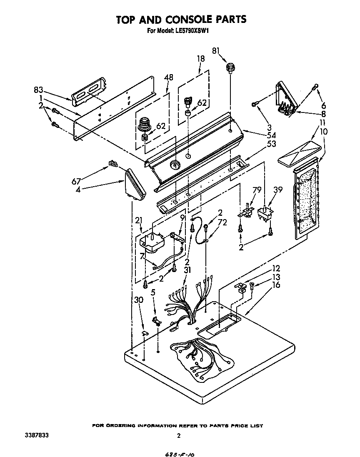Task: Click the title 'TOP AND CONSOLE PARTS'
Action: tap(181, 20)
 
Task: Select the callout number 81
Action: tap(216, 51)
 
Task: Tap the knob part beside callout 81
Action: tap(230, 67)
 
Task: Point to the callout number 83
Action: tap(38, 90)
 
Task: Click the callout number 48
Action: tap(169, 77)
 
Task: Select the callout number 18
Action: tap(200, 59)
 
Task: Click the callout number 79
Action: tap(257, 190)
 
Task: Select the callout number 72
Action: tap(222, 222)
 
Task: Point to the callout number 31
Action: tap(187, 270)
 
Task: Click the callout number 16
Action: tap(275, 285)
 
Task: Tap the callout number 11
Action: tap(322, 123)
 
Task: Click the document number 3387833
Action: tap(37, 435)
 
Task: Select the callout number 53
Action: tap(271, 144)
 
